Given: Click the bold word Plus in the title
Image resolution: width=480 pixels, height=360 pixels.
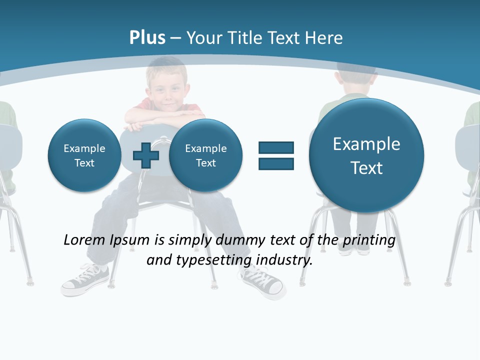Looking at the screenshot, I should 147,37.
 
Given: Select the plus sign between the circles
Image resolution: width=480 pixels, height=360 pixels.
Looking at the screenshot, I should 146,155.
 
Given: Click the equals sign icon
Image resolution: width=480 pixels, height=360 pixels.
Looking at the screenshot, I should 276,155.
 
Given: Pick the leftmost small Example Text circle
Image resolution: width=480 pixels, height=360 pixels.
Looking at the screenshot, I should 84,155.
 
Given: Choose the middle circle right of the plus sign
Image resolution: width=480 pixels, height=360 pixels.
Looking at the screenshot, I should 205,155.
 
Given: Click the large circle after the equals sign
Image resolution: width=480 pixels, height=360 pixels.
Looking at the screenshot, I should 366,155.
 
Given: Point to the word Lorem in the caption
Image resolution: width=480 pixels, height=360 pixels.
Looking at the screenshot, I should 84,240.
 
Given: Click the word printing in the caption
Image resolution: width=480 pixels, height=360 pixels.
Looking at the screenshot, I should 369,240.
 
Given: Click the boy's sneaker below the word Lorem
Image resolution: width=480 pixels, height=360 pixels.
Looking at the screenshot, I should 85,280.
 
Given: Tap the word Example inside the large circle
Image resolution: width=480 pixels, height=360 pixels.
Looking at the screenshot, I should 366,144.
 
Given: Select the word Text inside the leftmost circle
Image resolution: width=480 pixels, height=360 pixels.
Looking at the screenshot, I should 84,163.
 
